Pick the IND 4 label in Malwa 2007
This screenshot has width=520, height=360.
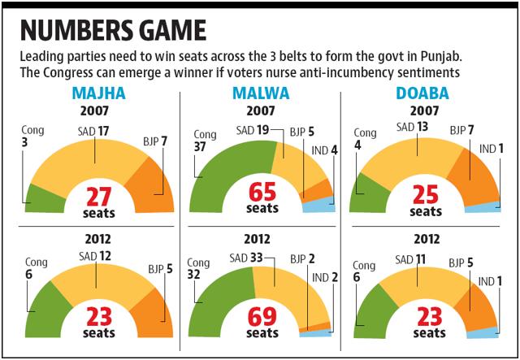click(x=323, y=149)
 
